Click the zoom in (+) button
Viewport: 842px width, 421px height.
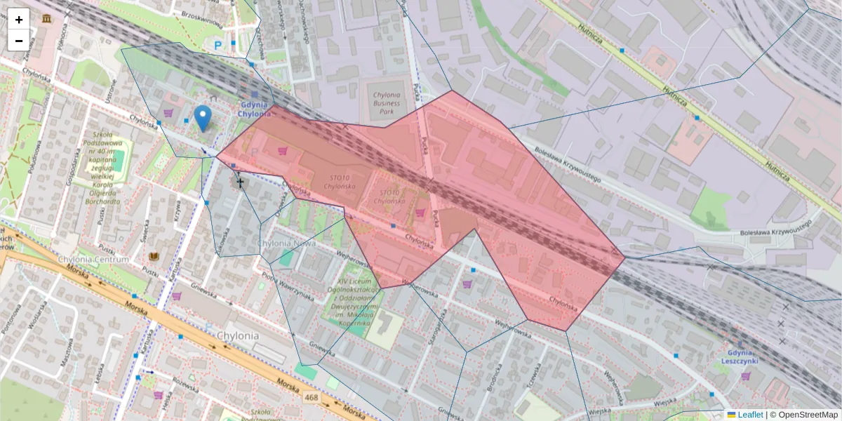[19, 20]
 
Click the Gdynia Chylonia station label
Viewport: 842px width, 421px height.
[253, 109]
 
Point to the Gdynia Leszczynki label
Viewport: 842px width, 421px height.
[744, 357]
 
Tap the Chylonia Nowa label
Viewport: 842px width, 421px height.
[286, 243]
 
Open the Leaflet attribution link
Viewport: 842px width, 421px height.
[749, 415]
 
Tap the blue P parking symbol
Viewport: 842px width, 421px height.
[218, 45]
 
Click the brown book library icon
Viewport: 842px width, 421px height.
[153, 257]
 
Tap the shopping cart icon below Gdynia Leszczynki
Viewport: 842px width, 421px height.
[744, 376]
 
